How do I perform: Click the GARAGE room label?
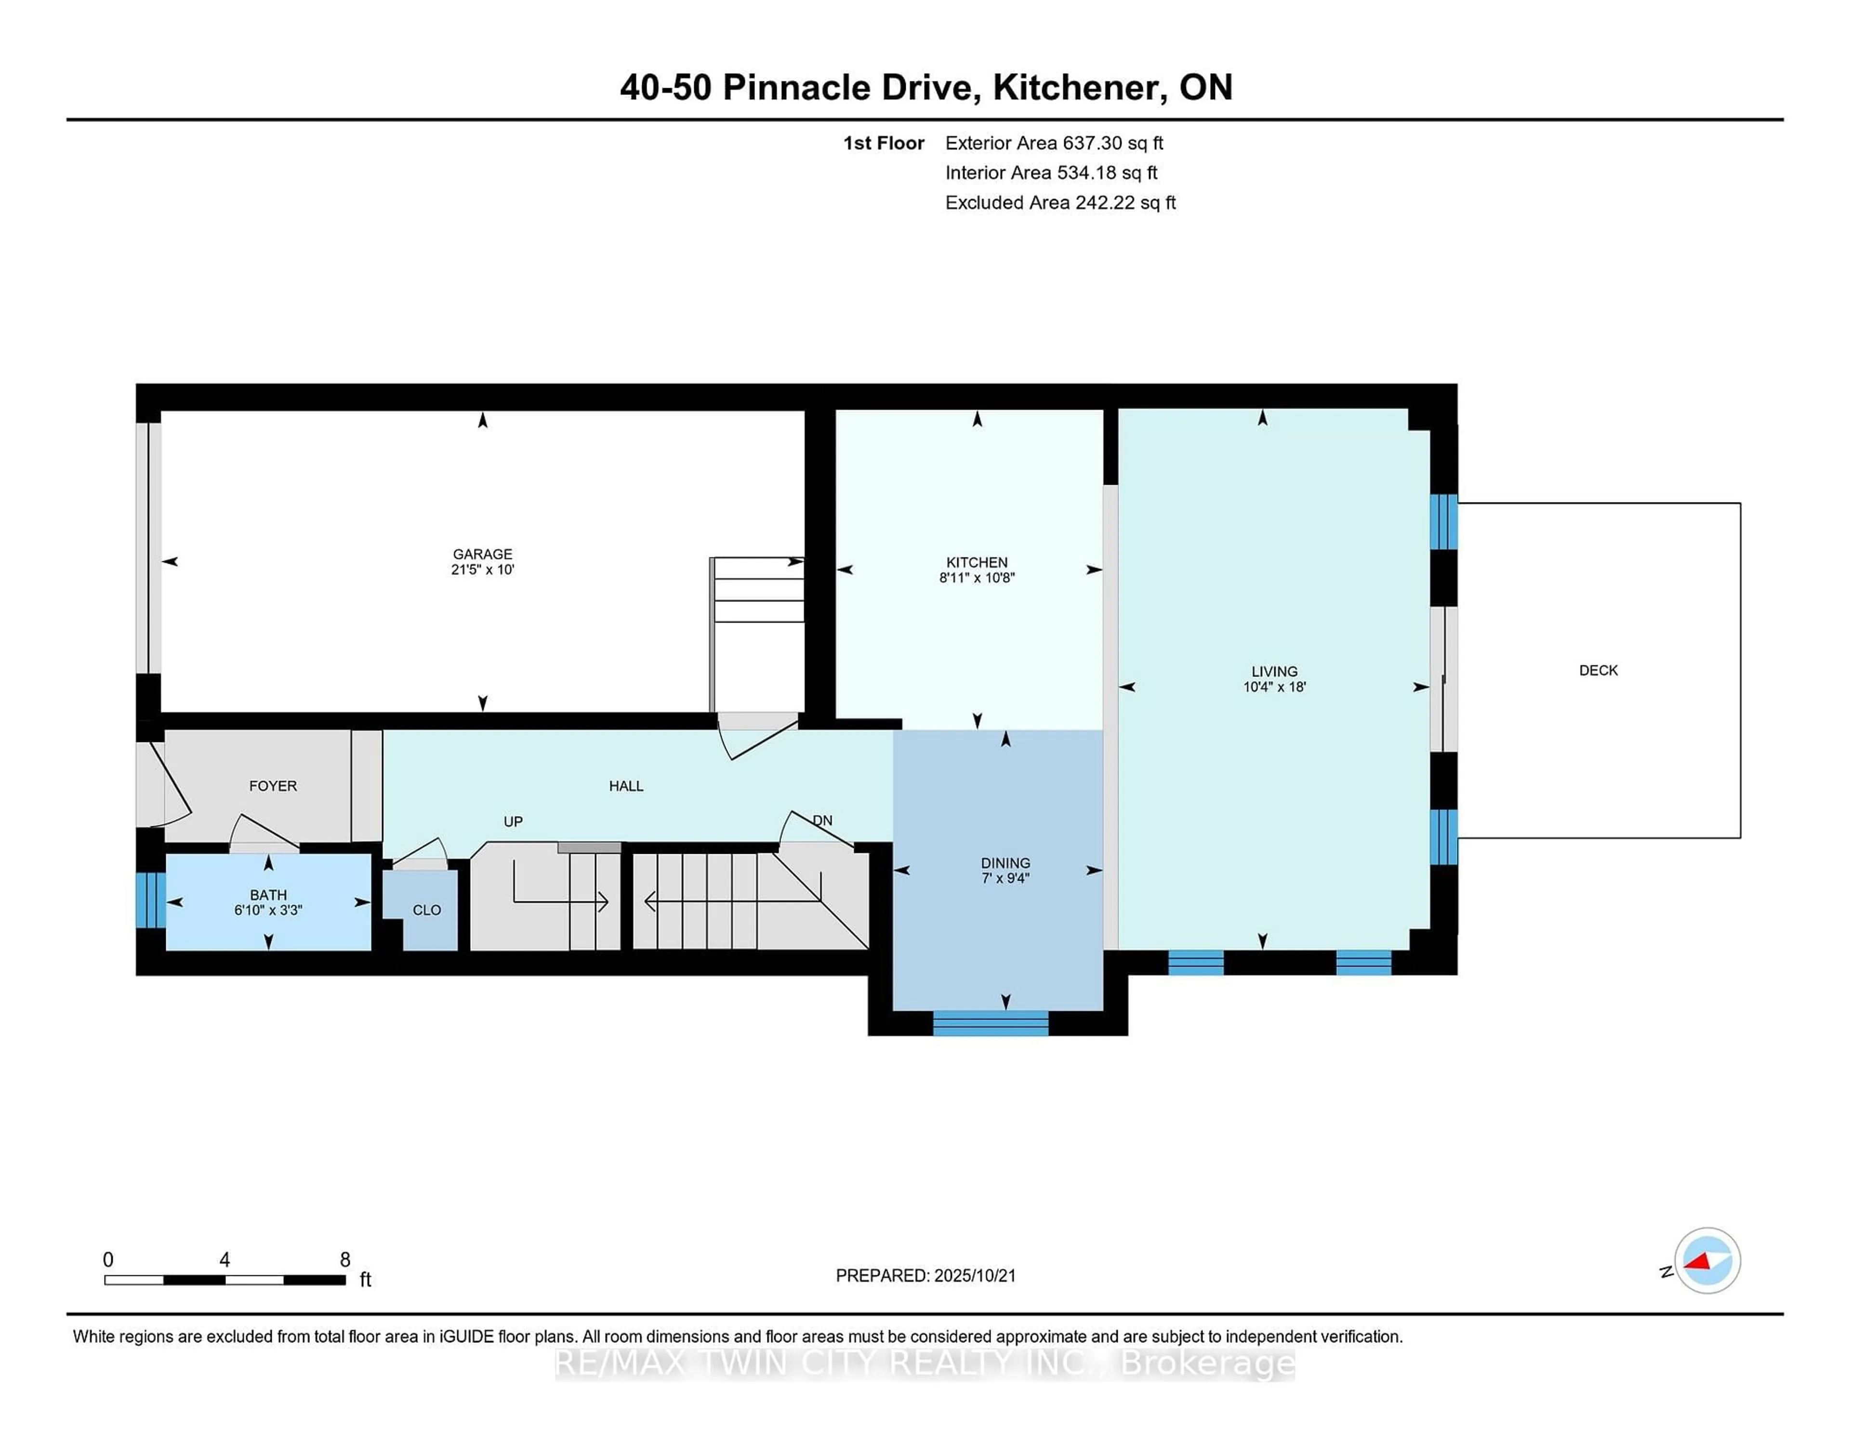pyautogui.click(x=482, y=554)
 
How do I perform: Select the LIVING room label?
pyautogui.click(x=1274, y=671)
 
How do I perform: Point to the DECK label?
pyautogui.click(x=1598, y=670)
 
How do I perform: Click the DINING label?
pyautogui.click(x=1005, y=863)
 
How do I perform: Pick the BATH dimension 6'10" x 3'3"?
pyautogui.click(x=268, y=910)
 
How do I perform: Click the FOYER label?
pyautogui.click(x=273, y=786)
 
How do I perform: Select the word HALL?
pyautogui.click(x=626, y=786)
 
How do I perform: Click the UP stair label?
pyautogui.click(x=513, y=822)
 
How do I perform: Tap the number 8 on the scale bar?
pyautogui.click(x=345, y=1260)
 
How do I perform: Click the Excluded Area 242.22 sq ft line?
pyautogui.click(x=1060, y=202)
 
